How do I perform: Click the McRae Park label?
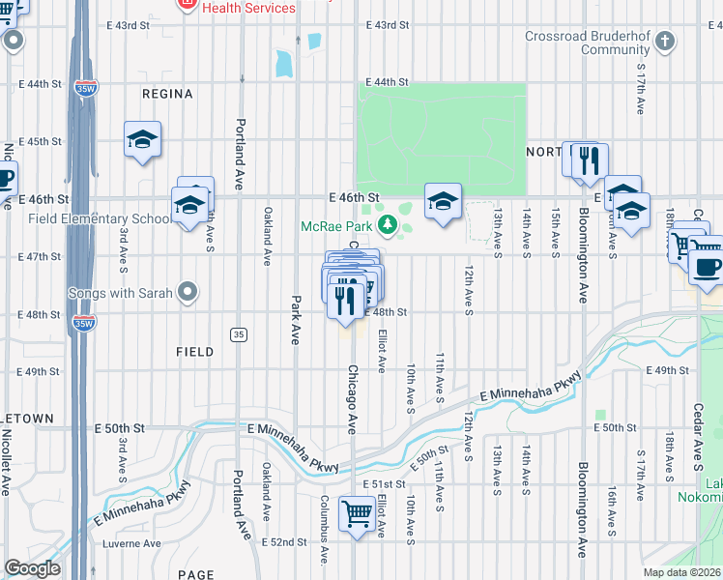tap(337, 226)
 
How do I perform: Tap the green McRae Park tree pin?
tap(388, 225)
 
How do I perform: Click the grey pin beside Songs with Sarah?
tap(188, 291)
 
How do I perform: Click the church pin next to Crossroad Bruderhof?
tap(664, 41)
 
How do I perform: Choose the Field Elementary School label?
tap(85, 218)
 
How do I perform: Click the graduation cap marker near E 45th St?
tap(142, 140)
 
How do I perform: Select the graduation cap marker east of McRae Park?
tap(443, 201)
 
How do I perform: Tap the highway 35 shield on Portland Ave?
tap(238, 333)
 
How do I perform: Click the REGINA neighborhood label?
tap(167, 94)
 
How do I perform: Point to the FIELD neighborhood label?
tap(194, 352)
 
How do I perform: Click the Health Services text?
tap(249, 8)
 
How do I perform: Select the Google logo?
tap(32, 567)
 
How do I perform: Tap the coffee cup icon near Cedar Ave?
tap(708, 266)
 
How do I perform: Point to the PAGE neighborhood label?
tap(196, 574)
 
